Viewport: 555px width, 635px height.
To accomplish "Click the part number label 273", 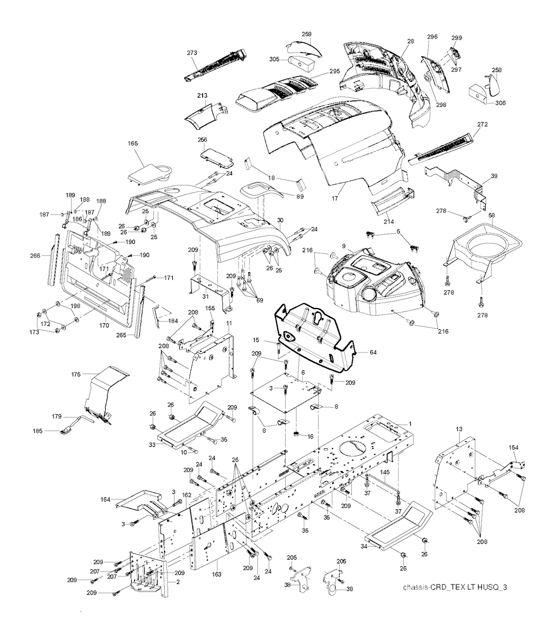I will click(x=192, y=53).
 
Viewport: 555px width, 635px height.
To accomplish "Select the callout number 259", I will click(x=307, y=34).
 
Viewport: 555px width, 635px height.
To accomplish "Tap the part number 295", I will click(x=334, y=71).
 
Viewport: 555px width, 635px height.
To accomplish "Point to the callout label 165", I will click(x=133, y=143).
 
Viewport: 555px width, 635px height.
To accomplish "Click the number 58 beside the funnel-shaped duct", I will click(x=492, y=215).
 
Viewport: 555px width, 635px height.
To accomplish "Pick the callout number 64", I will click(x=373, y=352).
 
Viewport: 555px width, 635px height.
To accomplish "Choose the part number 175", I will click(x=76, y=374).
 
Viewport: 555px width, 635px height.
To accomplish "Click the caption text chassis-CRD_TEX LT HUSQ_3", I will click(x=455, y=587).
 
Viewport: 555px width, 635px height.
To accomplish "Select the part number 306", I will click(x=500, y=103).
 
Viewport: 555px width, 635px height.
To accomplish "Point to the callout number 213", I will click(x=202, y=95).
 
